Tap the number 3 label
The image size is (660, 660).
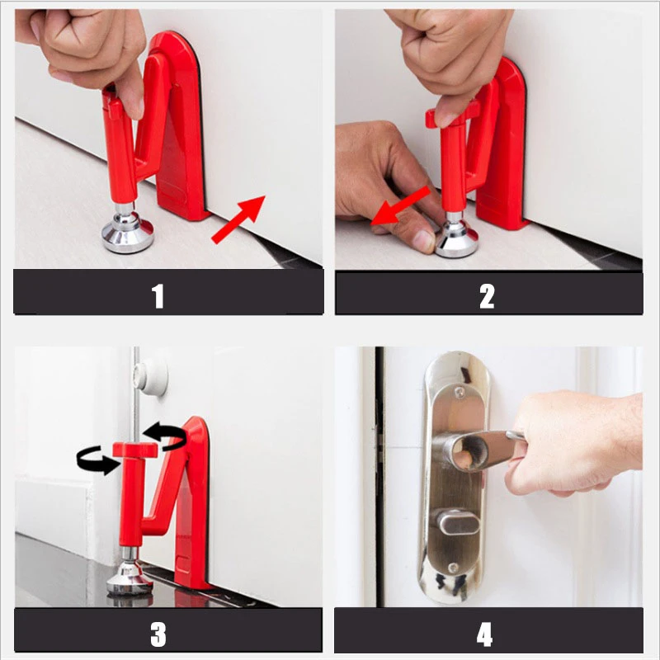tap(158, 634)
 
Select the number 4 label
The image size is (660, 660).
tap(485, 634)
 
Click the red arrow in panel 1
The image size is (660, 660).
tap(239, 219)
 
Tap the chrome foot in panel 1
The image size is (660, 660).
tap(128, 234)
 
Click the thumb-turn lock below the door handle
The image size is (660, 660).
tap(451, 522)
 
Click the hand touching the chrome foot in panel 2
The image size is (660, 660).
tap(384, 177)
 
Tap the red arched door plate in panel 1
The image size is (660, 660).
tap(177, 124)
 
